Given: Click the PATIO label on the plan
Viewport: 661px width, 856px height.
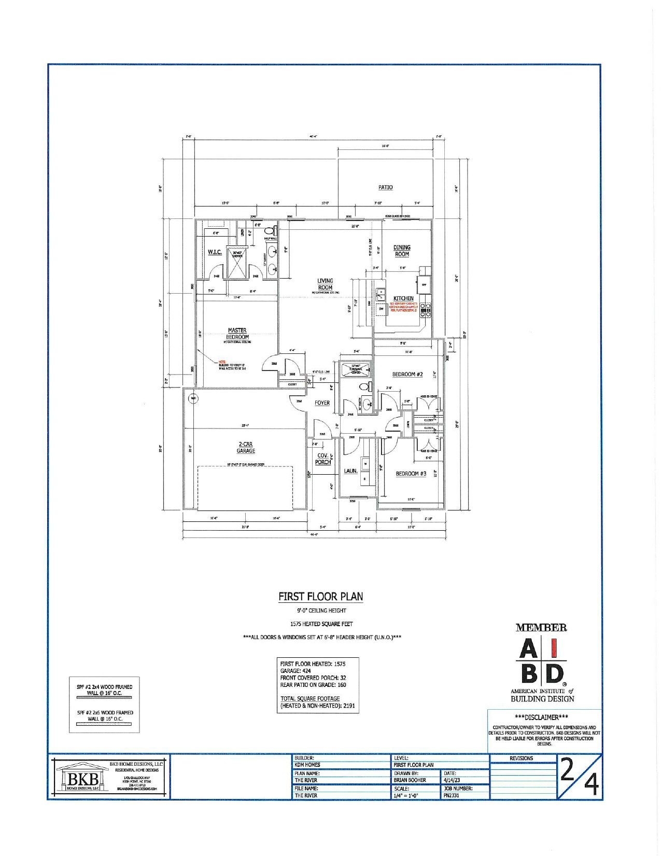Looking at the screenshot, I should (385, 187).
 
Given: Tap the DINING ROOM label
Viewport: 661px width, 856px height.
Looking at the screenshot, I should (402, 251).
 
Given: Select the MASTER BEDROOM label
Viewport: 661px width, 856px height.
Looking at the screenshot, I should (237, 334).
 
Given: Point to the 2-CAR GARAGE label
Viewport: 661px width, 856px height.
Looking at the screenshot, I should (246, 448).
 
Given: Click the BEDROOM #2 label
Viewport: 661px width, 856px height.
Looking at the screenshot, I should (407, 375).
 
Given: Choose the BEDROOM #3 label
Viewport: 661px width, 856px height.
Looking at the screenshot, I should (411, 474).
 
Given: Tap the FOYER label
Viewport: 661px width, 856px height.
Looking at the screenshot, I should (322, 403).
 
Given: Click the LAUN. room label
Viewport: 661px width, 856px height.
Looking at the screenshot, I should (350, 471).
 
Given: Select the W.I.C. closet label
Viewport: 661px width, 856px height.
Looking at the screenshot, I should (215, 252).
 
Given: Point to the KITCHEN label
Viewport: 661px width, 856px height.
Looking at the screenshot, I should (403, 298).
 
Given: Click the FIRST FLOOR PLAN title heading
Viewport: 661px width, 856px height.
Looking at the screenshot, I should (320, 597).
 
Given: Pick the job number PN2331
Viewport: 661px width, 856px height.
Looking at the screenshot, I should (452, 795).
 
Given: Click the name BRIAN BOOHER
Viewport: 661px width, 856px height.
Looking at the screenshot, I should (410, 780).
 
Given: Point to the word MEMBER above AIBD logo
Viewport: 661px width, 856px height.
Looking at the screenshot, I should (541, 628).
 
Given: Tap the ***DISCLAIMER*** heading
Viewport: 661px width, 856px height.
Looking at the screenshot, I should (544, 717).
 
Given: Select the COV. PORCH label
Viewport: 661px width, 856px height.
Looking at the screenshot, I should (323, 459).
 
